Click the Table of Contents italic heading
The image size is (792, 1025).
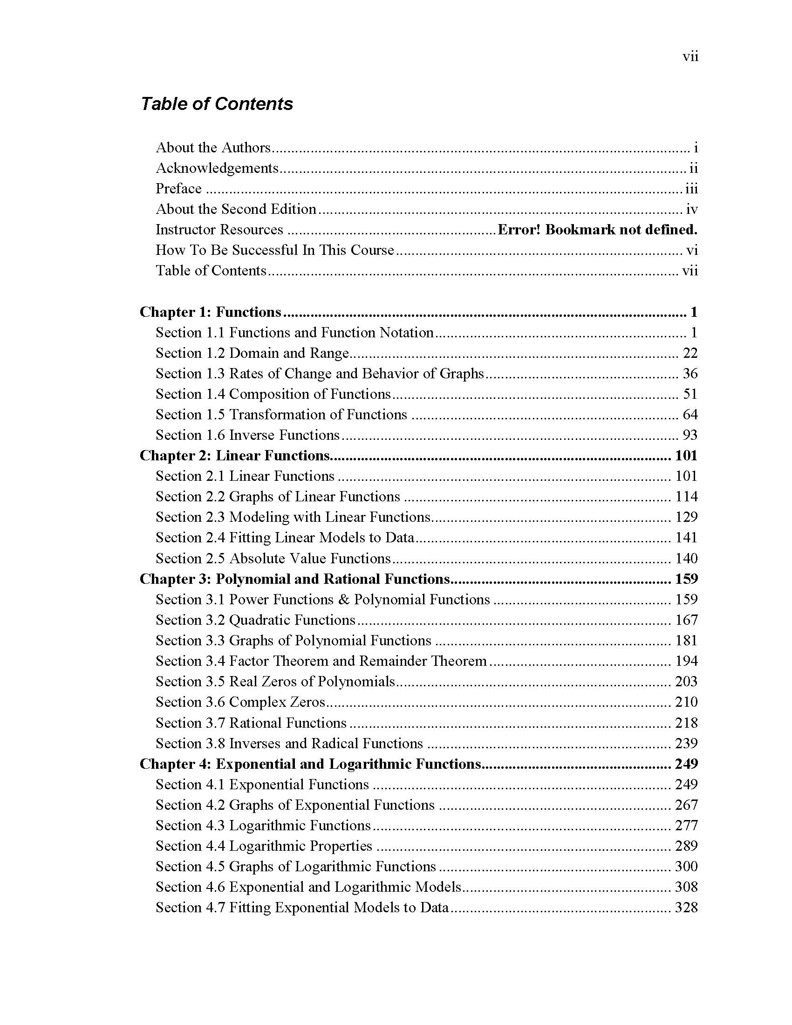(217, 104)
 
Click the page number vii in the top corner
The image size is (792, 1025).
(690, 57)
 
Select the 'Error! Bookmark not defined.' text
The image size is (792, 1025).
(597, 230)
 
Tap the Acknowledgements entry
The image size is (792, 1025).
(217, 168)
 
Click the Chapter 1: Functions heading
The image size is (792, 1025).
(210, 312)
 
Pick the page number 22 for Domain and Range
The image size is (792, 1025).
(690, 353)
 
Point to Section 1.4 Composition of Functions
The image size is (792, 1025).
(273, 394)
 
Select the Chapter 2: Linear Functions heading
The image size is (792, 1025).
(235, 456)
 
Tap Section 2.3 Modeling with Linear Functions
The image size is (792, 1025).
(293, 517)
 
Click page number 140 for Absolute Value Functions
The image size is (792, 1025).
(686, 559)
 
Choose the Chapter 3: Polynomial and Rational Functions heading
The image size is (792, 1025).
(294, 579)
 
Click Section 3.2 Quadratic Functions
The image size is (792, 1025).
(256, 620)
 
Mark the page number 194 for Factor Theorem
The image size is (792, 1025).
(686, 661)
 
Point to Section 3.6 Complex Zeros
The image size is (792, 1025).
(240, 702)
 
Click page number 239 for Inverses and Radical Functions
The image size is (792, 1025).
(686, 744)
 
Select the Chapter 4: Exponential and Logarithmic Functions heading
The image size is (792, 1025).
(311, 764)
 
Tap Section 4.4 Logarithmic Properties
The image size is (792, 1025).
(264, 846)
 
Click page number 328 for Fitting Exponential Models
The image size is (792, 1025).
(686, 907)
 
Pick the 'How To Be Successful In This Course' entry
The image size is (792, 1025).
(275, 250)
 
